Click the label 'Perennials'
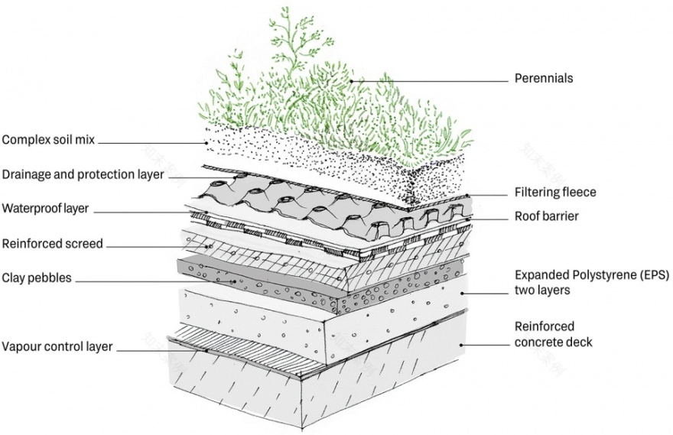543,78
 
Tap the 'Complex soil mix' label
48,141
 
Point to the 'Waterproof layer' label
46,208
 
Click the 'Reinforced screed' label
52,244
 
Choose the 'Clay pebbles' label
36,278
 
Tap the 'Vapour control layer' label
57,346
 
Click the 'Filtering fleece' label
554,192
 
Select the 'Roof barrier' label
547,216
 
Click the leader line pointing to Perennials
428,79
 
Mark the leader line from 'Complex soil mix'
153,141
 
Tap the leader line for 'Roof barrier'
489,218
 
